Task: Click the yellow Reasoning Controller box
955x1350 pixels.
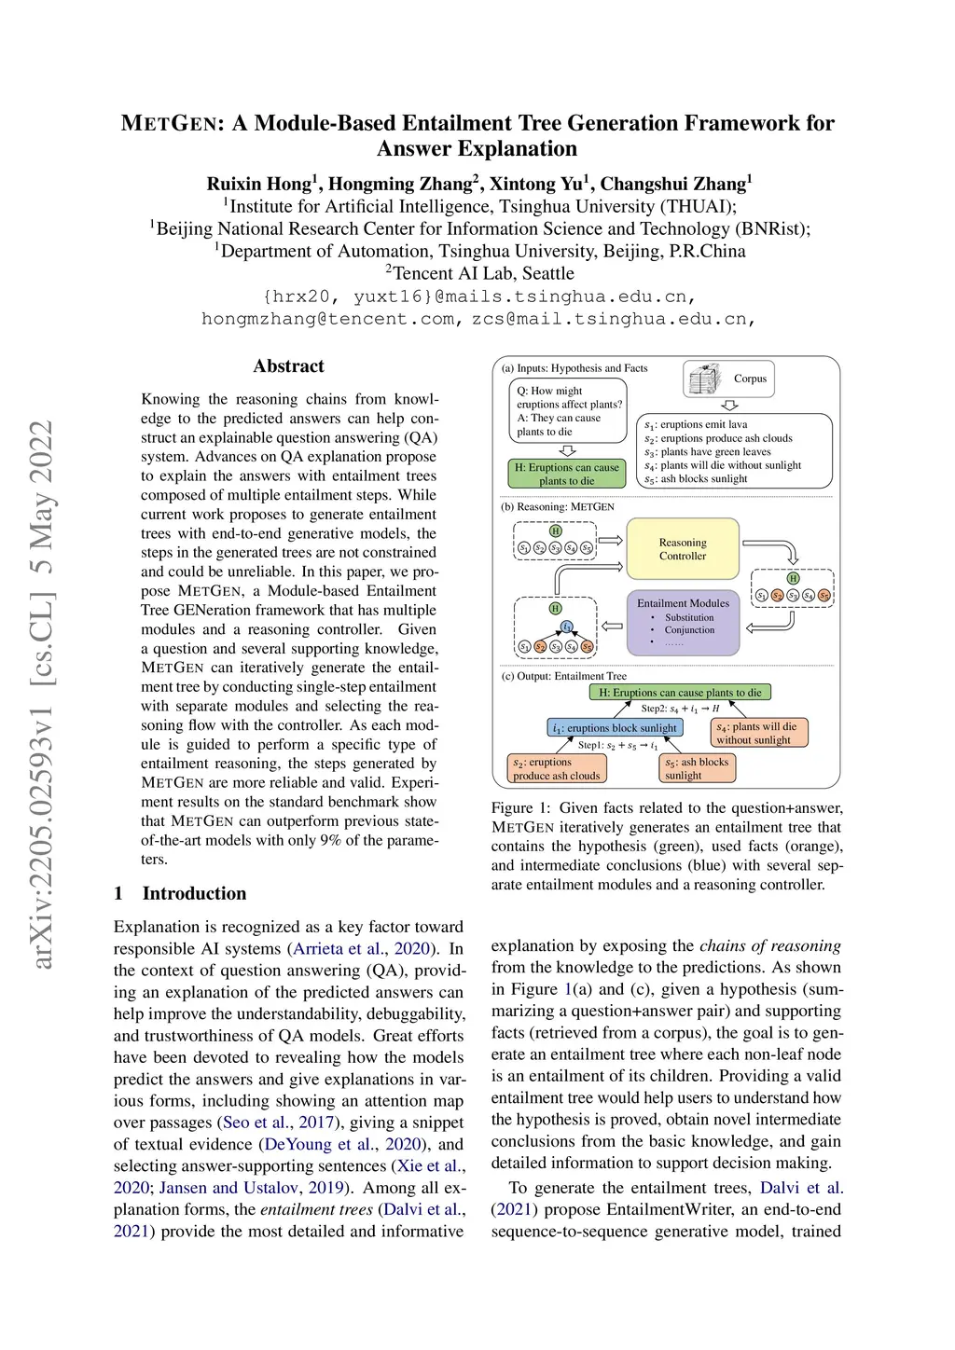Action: (683, 549)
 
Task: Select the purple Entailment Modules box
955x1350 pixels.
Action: (683, 622)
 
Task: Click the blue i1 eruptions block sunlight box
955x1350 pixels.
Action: (615, 727)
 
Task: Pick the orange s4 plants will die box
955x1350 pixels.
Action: (759, 733)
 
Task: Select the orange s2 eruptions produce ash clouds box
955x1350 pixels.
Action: (557, 768)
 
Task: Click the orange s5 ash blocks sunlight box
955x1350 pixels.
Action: (697, 768)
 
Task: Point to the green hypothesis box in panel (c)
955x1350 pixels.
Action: (680, 693)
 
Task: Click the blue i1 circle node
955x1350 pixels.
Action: (566, 627)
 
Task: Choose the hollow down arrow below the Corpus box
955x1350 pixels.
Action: (730, 406)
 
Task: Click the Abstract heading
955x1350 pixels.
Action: (289, 366)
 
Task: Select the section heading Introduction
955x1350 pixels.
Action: (194, 893)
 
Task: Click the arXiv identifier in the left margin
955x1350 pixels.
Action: (42, 695)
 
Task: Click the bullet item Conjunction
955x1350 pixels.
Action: (689, 630)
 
